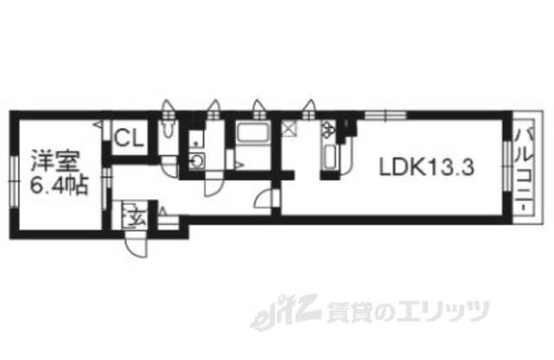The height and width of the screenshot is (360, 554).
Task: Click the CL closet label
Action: click(x=130, y=137)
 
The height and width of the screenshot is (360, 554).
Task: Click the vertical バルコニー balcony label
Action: click(x=523, y=174)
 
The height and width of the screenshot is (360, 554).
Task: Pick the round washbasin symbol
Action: click(x=197, y=160)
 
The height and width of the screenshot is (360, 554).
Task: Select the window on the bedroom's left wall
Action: click(x=14, y=173)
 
